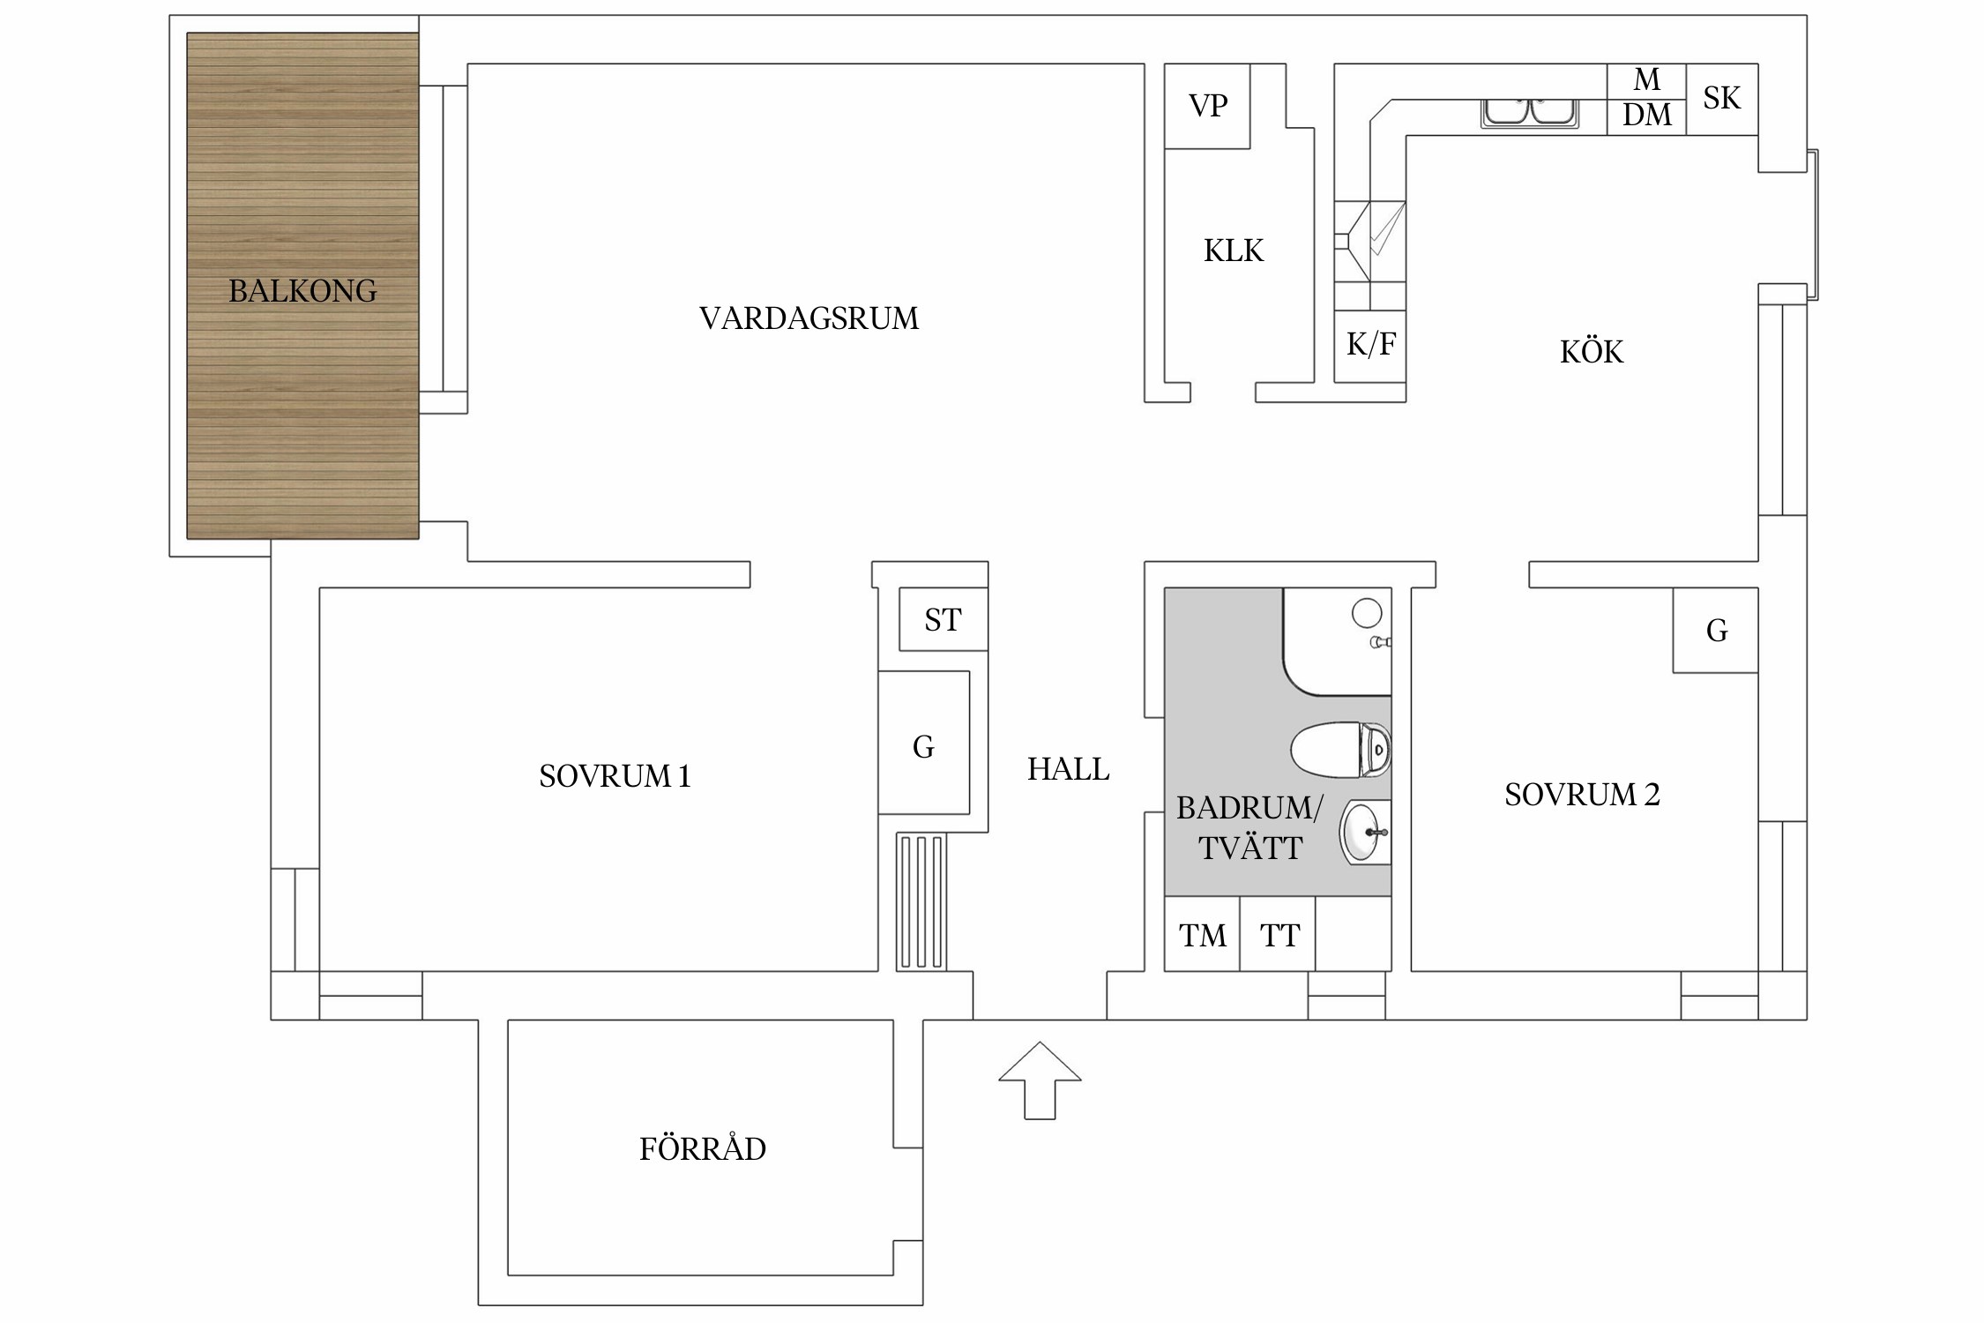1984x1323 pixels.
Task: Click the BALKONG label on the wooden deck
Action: (302, 290)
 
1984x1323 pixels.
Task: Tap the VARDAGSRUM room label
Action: (809, 318)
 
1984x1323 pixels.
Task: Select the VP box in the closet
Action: (1207, 106)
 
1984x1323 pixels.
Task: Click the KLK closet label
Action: (1234, 251)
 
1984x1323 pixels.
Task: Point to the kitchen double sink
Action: (1529, 113)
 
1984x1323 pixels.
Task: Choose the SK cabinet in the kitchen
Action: (1721, 99)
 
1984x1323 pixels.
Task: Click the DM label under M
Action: (1646, 116)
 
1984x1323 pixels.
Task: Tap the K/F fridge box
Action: (1370, 345)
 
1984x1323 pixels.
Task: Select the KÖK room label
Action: (1591, 353)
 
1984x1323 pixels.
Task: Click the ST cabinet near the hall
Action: (943, 620)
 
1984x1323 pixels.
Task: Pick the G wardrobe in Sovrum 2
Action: (1716, 631)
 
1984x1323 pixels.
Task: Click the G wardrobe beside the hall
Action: (923, 748)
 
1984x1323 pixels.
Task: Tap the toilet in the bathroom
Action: (1340, 750)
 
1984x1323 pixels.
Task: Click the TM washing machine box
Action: (1202, 935)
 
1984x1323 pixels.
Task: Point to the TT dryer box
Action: (1279, 935)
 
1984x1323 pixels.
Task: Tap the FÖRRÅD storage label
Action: (702, 1149)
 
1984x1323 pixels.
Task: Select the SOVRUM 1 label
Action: (615, 776)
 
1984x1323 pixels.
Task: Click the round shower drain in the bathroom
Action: (1366, 612)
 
